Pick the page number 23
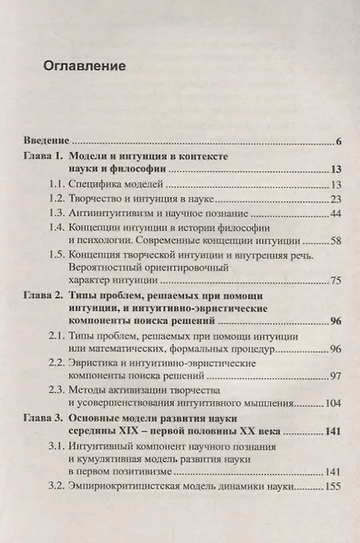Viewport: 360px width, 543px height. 336,199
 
